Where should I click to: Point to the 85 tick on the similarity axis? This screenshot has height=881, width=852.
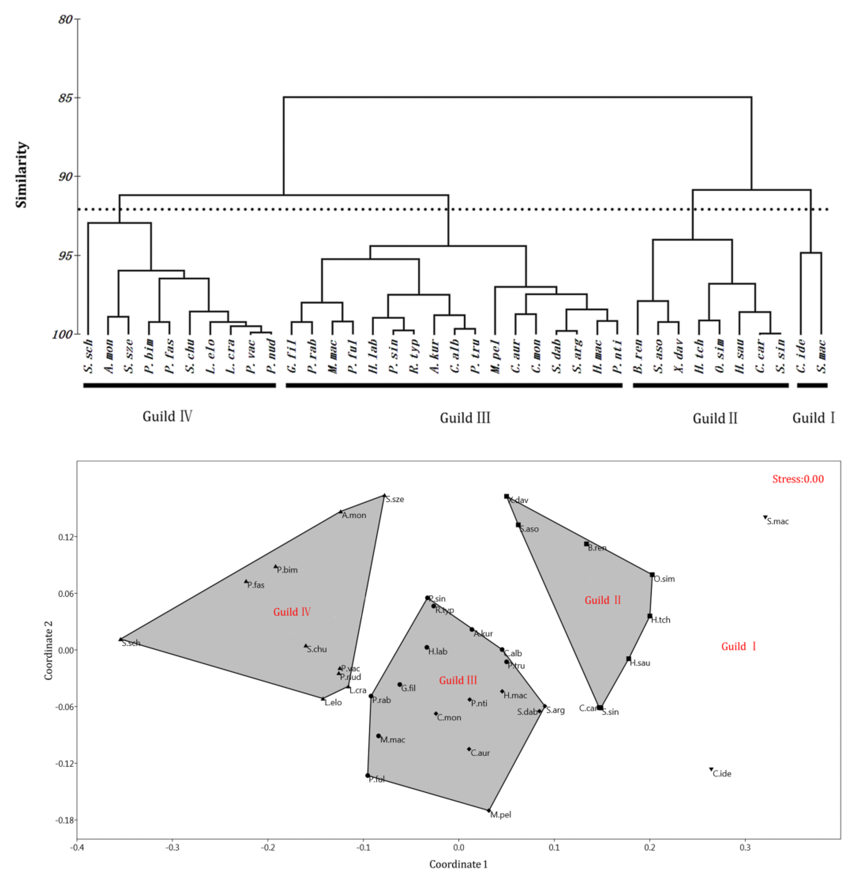[66, 98]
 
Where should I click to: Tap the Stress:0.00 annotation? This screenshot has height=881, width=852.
[798, 479]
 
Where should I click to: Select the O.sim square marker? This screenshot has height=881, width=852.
[652, 575]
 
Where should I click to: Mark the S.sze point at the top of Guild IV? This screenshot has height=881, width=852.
[384, 495]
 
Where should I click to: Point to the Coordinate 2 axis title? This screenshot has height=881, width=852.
[49, 650]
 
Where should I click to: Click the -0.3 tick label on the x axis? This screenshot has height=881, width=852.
[172, 848]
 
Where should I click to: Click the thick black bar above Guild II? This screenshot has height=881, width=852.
[710, 385]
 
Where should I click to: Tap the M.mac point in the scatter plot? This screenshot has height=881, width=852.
[379, 736]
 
